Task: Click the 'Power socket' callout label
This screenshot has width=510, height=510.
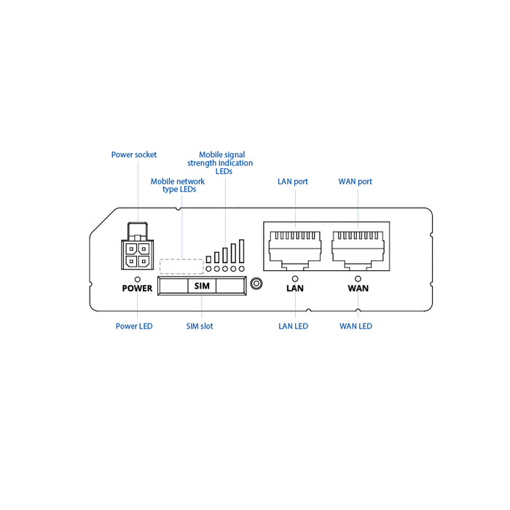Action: coord(134,154)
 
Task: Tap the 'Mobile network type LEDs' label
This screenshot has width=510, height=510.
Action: coord(178,185)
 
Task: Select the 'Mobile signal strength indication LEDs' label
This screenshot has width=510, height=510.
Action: coord(224,163)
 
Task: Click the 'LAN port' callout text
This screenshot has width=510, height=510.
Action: coord(293,181)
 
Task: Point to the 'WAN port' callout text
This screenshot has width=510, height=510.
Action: coord(356,181)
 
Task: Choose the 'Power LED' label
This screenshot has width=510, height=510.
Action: coord(134,326)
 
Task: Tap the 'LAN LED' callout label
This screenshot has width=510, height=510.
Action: coord(293,326)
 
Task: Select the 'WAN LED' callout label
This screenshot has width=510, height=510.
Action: coord(356,326)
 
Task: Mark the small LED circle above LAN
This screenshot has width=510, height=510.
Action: coord(294,278)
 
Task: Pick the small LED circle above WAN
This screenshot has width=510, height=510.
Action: coord(357,278)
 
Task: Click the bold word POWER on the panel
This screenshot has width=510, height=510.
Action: coord(137,289)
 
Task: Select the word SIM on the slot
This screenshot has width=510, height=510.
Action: coord(202,286)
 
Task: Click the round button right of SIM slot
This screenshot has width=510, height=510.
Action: coord(255,284)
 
